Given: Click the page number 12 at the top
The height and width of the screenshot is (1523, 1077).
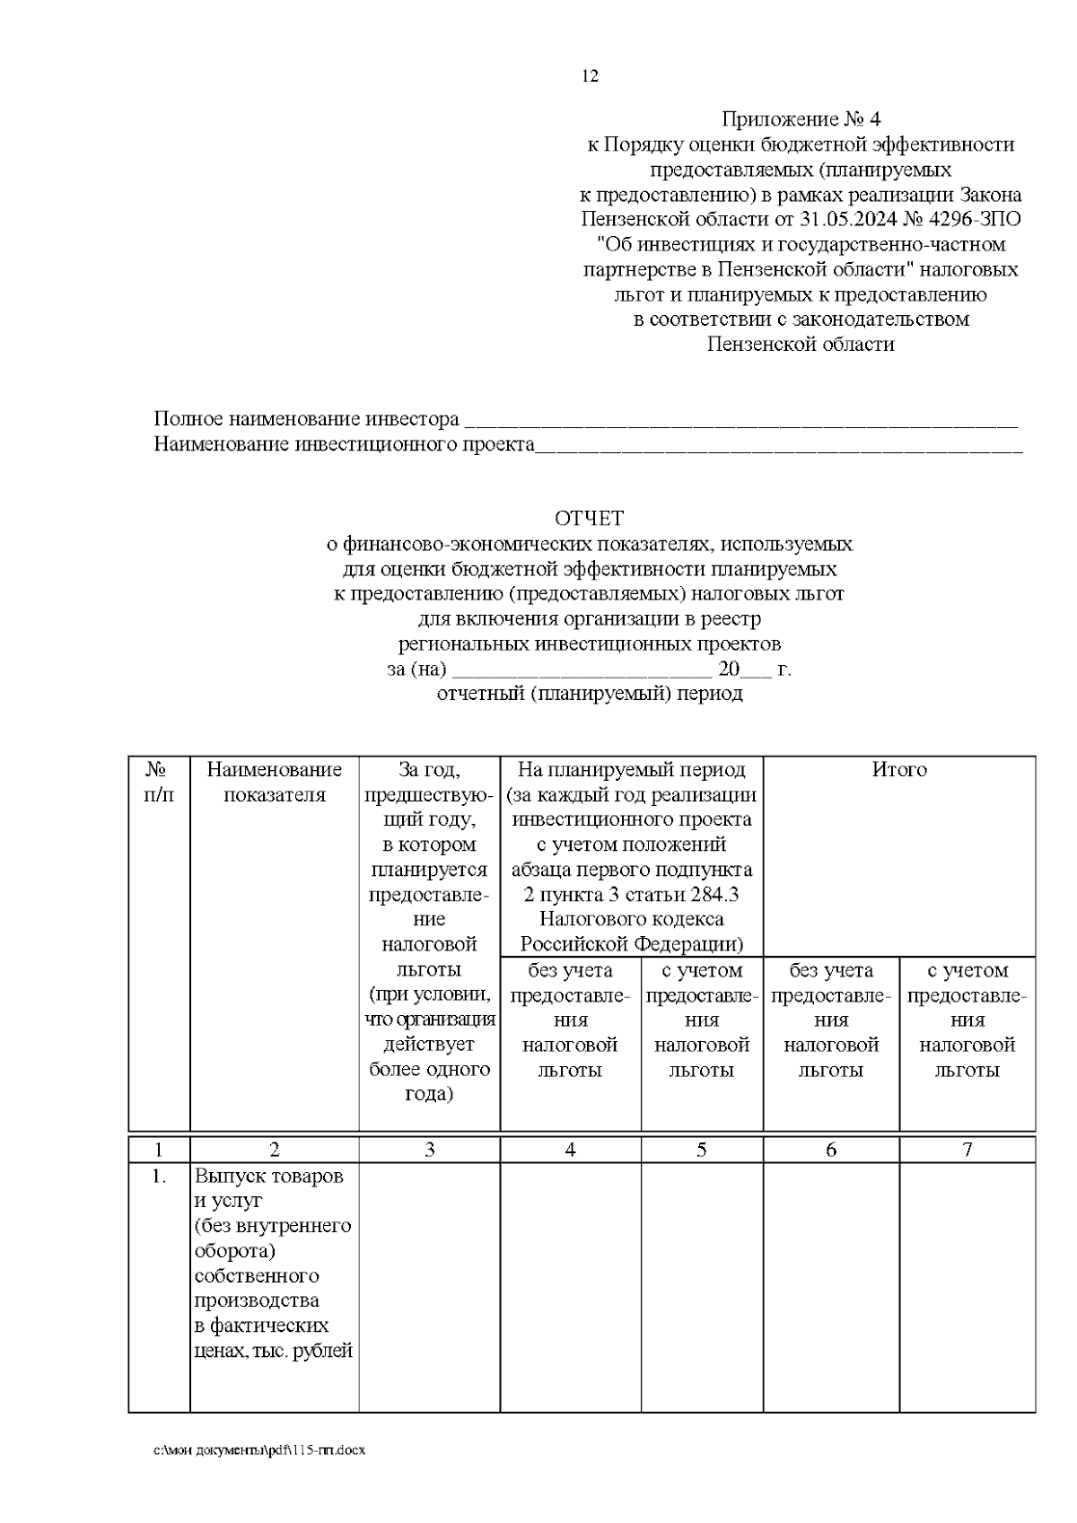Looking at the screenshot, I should click(590, 76).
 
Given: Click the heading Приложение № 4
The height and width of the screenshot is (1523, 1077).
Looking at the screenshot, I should click(802, 119).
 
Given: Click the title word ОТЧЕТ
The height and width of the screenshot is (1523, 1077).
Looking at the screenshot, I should click(588, 519).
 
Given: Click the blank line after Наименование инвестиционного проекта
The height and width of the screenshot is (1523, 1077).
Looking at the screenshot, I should click(778, 445).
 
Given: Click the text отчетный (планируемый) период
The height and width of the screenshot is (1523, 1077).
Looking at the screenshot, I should click(590, 694).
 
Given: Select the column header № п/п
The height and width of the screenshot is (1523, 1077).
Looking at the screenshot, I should click(159, 782).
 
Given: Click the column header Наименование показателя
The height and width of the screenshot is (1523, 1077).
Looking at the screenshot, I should click(275, 782).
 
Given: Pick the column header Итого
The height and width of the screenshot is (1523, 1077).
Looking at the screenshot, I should click(899, 770).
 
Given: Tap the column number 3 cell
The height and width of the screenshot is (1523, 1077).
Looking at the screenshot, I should click(429, 1150).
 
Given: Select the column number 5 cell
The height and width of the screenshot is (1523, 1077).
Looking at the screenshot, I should click(702, 1150).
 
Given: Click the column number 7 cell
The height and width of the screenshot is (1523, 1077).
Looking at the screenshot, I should click(967, 1150).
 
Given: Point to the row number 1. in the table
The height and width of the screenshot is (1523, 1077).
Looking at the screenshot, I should click(159, 1177).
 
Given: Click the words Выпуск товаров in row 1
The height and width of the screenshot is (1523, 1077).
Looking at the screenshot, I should click(269, 1177).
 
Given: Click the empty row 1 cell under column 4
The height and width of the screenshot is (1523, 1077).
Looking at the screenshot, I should click(570, 1283).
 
